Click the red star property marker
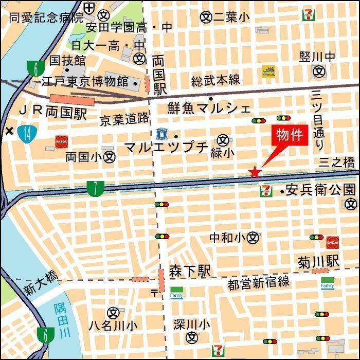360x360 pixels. (255, 172)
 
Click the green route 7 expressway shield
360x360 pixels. (95, 189)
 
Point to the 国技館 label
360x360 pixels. (67, 60)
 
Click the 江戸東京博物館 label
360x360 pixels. (85, 81)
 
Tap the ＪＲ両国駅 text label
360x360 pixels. (53, 112)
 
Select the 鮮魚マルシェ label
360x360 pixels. (209, 108)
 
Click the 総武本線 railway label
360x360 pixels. (215, 80)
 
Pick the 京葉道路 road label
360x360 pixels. (124, 119)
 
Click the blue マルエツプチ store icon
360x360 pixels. (162, 135)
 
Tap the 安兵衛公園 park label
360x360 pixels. (321, 189)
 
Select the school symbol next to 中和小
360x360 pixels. (253, 238)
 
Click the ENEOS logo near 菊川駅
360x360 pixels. (332, 242)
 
